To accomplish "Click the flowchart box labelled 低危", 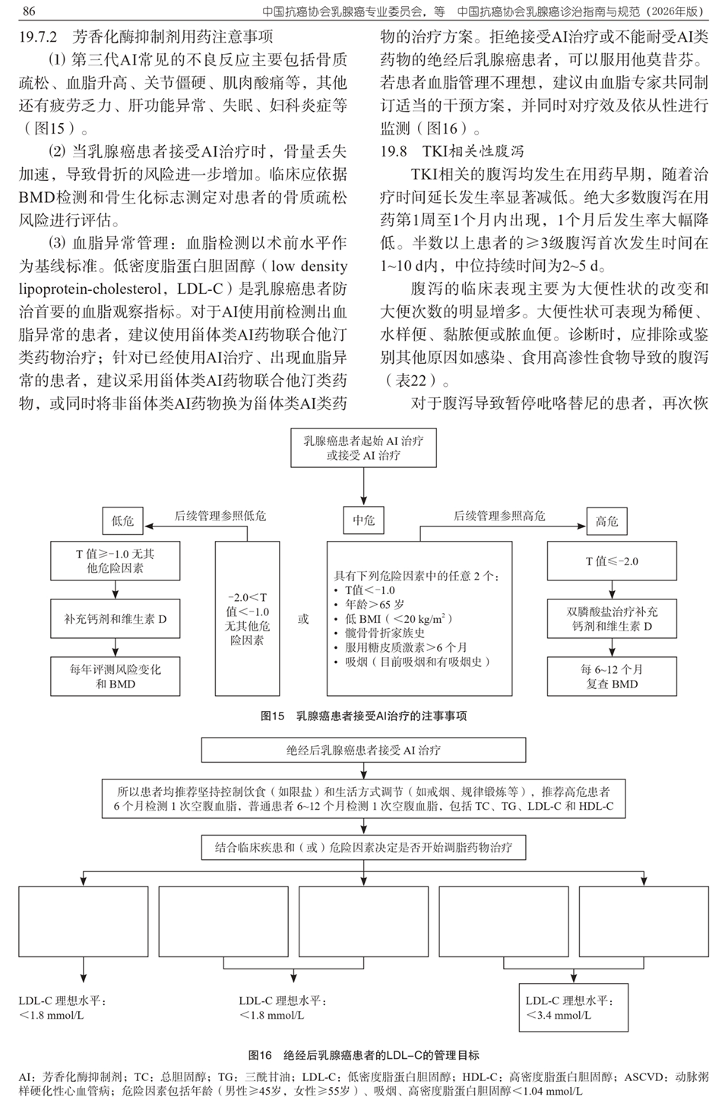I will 122,520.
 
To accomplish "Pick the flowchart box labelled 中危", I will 363,520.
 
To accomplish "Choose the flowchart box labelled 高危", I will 606,520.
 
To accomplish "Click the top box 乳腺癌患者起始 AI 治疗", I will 363,448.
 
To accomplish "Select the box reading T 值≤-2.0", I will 611,561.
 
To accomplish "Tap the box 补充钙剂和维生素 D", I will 116,619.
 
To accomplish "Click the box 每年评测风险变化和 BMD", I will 116,676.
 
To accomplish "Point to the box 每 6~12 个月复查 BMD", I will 611,676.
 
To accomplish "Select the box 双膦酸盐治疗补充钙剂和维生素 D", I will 611,619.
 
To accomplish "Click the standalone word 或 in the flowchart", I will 303,619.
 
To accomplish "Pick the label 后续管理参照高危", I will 499,516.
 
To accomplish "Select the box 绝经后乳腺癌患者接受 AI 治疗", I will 363,750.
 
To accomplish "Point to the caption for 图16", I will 363,1054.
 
